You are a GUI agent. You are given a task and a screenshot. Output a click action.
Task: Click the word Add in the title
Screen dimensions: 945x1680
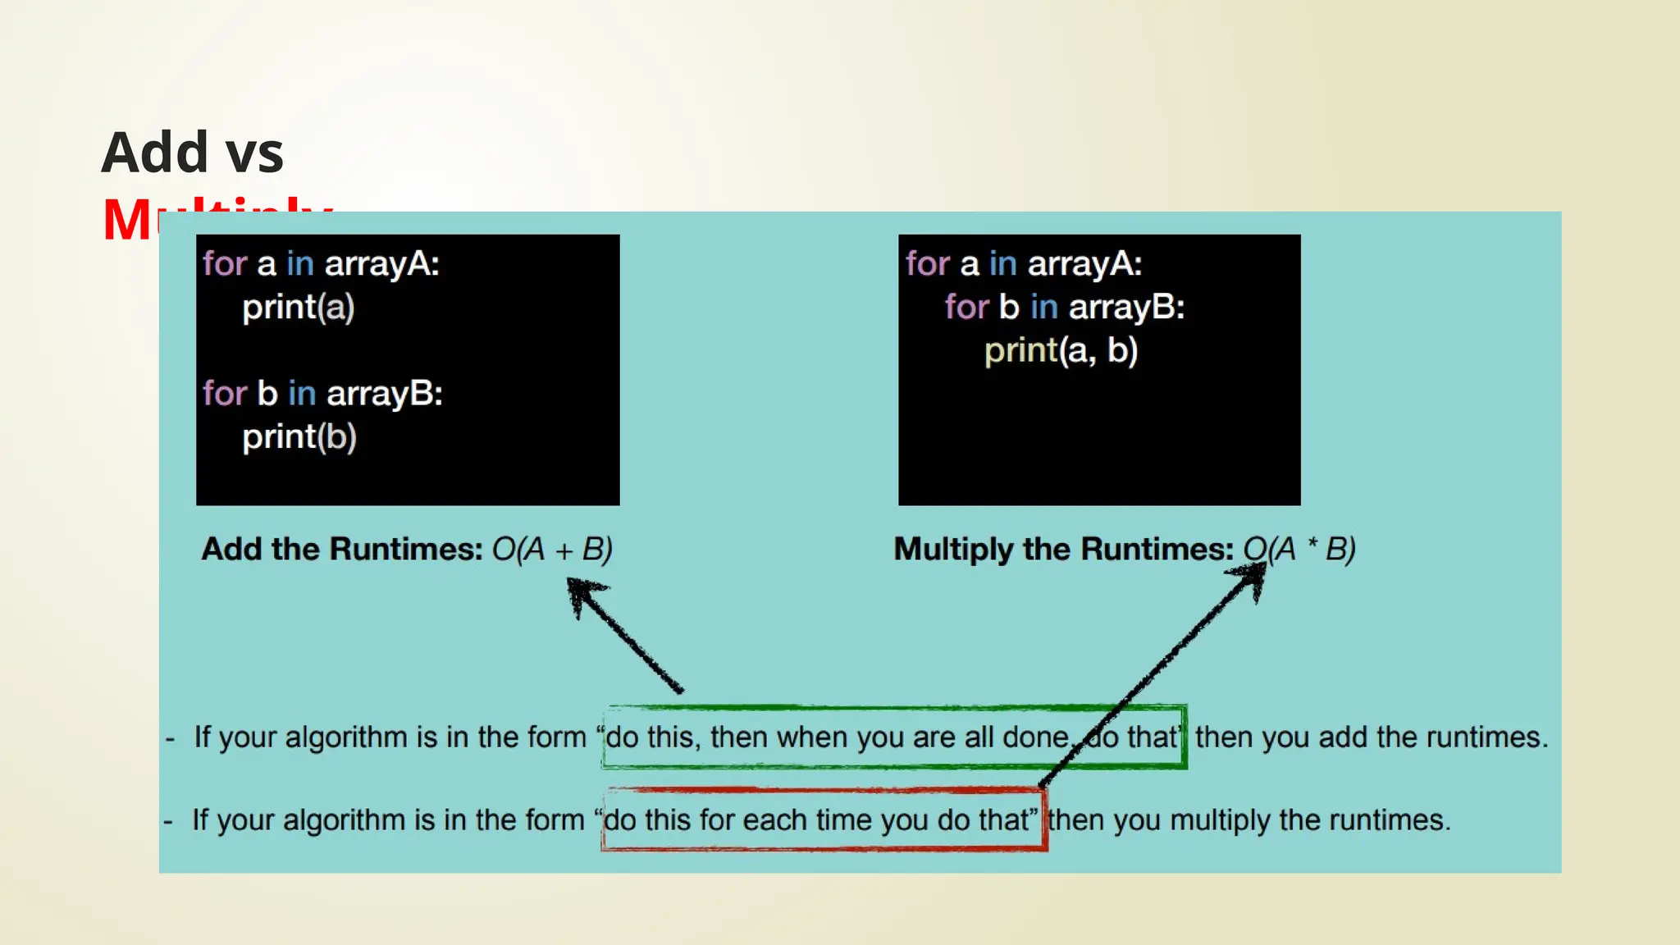[154, 153]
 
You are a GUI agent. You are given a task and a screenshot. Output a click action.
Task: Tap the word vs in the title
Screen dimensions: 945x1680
[254, 153]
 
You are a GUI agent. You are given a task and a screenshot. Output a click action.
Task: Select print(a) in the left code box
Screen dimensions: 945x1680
[299, 308]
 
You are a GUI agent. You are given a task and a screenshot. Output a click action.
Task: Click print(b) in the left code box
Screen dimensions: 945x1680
[299, 437]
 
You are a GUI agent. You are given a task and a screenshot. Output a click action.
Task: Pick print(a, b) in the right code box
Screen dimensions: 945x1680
[1061, 351]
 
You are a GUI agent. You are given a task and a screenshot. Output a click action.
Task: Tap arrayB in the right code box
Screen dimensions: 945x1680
[1126, 308]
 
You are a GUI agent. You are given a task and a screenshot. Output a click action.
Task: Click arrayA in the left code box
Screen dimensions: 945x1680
[381, 264]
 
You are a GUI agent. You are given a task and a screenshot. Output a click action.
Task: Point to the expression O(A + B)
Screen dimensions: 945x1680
[552, 549]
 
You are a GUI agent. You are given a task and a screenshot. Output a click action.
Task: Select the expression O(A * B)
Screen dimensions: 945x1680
[1299, 549]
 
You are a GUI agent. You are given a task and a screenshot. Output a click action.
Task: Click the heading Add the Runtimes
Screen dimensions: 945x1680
[341, 549]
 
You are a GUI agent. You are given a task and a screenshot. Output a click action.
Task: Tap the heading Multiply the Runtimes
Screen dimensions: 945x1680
[1063, 549]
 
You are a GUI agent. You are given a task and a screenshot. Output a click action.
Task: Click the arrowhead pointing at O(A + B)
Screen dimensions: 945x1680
[582, 592]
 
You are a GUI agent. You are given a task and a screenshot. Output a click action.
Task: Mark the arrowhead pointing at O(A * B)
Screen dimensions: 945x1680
[1253, 577]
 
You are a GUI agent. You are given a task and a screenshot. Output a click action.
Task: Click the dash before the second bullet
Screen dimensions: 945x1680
[168, 821]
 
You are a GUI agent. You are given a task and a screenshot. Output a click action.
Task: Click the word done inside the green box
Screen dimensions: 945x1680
[1037, 737]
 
